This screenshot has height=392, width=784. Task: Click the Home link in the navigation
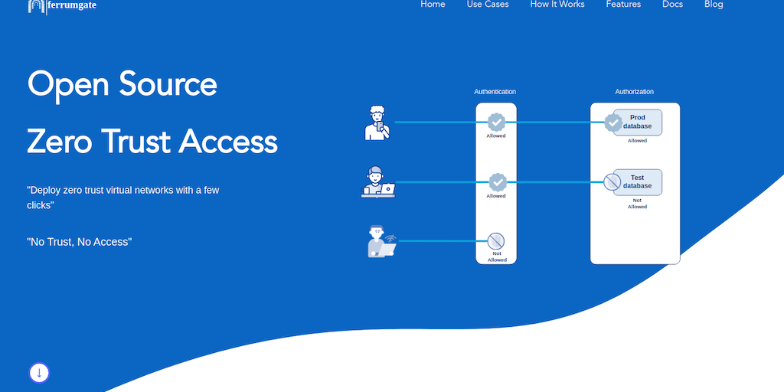[x=433, y=5]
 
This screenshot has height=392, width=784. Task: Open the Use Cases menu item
[x=488, y=5]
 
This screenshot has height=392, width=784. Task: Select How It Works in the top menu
[x=557, y=5]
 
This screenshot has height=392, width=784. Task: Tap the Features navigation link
[x=623, y=5]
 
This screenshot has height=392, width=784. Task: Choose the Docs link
[x=672, y=5]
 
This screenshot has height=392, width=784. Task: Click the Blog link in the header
[x=714, y=5]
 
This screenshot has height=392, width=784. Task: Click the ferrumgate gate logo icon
[x=37, y=6]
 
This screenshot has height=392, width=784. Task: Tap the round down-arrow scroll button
[x=39, y=373]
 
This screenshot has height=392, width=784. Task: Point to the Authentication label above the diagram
[x=495, y=92]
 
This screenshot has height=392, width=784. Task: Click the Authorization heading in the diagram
[x=634, y=92]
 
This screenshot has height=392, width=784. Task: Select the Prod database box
[x=638, y=122]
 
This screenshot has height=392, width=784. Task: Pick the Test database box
[x=638, y=182]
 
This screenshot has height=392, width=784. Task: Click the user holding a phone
[x=377, y=122]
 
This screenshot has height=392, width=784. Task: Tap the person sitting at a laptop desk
[x=377, y=182]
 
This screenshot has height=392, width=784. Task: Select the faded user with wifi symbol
[x=381, y=241]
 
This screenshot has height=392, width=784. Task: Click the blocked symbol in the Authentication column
[x=496, y=241]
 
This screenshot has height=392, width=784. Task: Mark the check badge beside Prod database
[x=612, y=122]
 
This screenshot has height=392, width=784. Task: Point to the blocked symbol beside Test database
[x=612, y=182]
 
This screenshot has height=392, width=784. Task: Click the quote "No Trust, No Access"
[x=80, y=242]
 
